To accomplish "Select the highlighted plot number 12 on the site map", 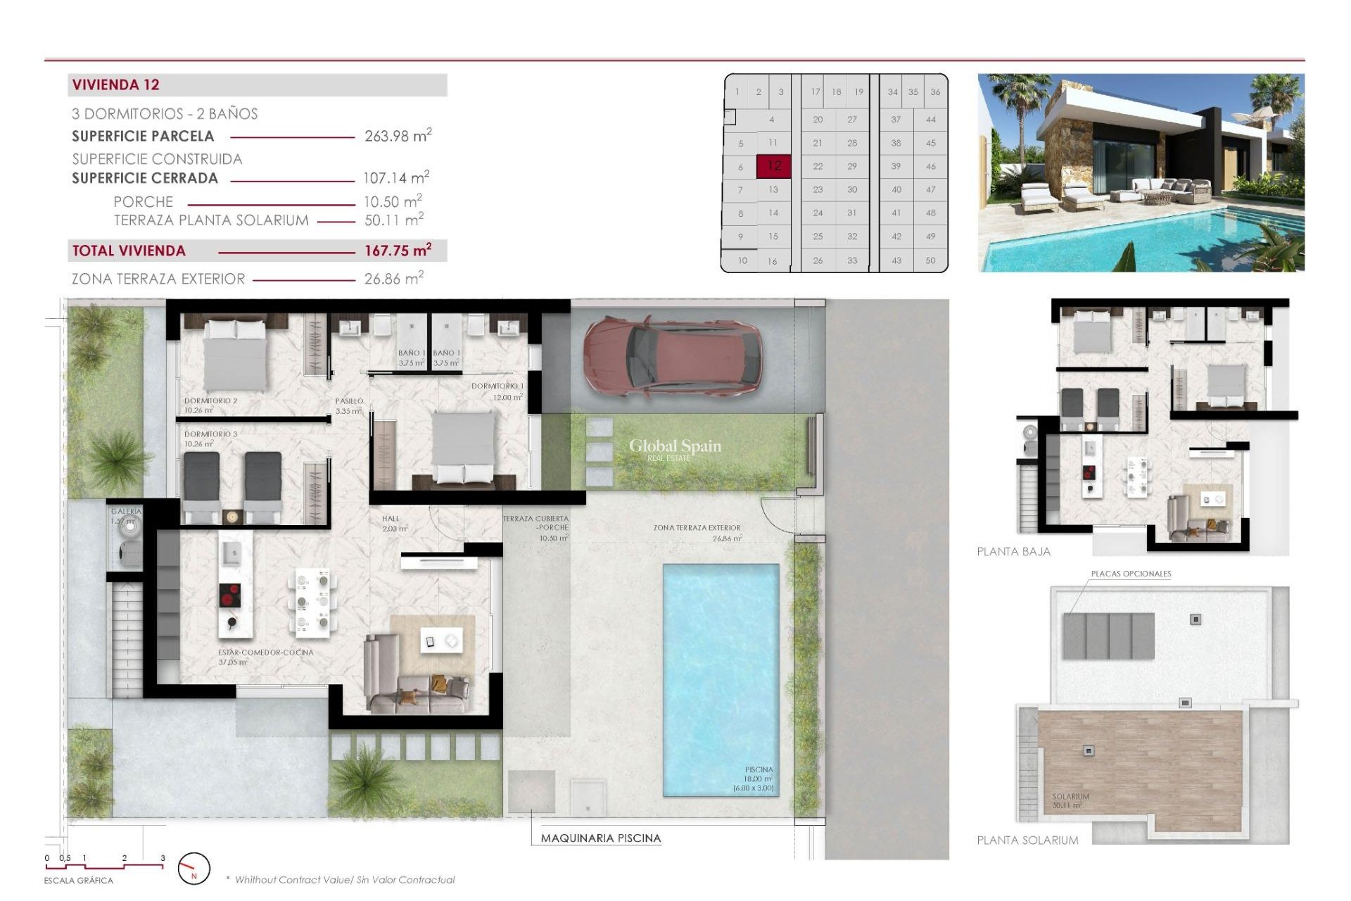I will tap(773, 166).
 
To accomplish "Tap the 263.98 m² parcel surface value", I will tap(398, 136).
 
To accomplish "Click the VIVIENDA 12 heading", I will tap(116, 85).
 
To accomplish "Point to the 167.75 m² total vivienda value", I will tap(398, 251).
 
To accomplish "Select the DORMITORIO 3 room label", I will tap(210, 434).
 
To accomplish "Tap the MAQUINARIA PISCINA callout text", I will tap(600, 838).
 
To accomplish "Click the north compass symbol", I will tap(194, 869).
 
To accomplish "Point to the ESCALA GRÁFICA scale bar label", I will tap(78, 881).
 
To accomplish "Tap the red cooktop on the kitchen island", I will tap(229, 596).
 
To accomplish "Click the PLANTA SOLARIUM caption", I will tap(1027, 840).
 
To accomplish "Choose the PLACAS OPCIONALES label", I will tap(1130, 574).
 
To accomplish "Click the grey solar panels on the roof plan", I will tap(1108, 636).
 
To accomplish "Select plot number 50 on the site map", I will tap(930, 260).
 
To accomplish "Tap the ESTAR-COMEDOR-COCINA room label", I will tap(265, 653).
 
